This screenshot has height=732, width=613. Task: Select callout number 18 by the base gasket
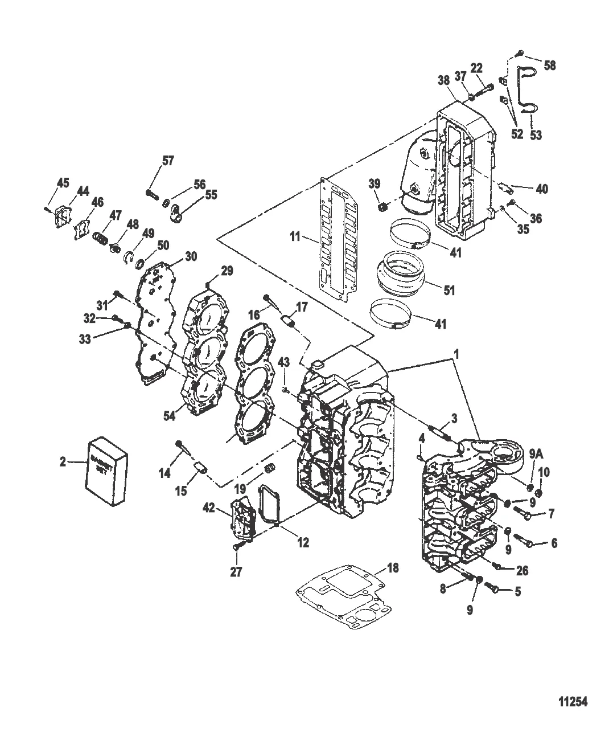tap(392, 568)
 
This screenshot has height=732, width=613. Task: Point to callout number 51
tap(449, 290)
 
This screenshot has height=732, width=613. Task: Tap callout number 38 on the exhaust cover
tap(443, 83)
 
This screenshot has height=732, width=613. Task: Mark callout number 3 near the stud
tap(453, 418)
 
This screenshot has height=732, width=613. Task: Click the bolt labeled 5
tap(496, 590)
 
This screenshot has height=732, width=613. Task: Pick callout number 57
tap(168, 161)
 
